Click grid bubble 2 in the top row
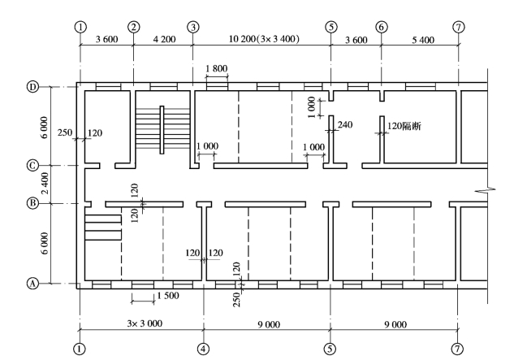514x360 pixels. tap(134, 27)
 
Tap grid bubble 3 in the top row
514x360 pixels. tap(192, 27)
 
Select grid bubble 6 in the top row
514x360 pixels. tap(382, 27)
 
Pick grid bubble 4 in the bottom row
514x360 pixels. tap(203, 347)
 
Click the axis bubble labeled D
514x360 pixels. tap(33, 85)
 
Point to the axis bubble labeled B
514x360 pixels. tap(33, 203)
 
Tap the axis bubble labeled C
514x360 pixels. tap(33, 166)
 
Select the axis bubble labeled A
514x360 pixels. tap(33, 284)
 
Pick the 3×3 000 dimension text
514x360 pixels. tap(141, 323)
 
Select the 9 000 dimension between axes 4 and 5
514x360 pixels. tap(267, 323)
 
